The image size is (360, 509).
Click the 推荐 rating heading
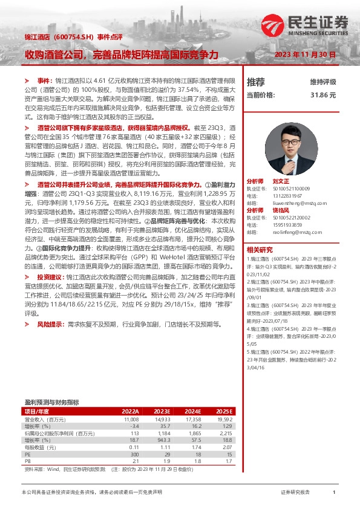pyautogui.click(x=256, y=82)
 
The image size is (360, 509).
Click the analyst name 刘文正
pyautogui.click(x=281, y=181)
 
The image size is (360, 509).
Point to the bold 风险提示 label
pyautogui.click(x=51, y=325)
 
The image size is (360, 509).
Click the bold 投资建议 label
pyautogui.click(x=51, y=276)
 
